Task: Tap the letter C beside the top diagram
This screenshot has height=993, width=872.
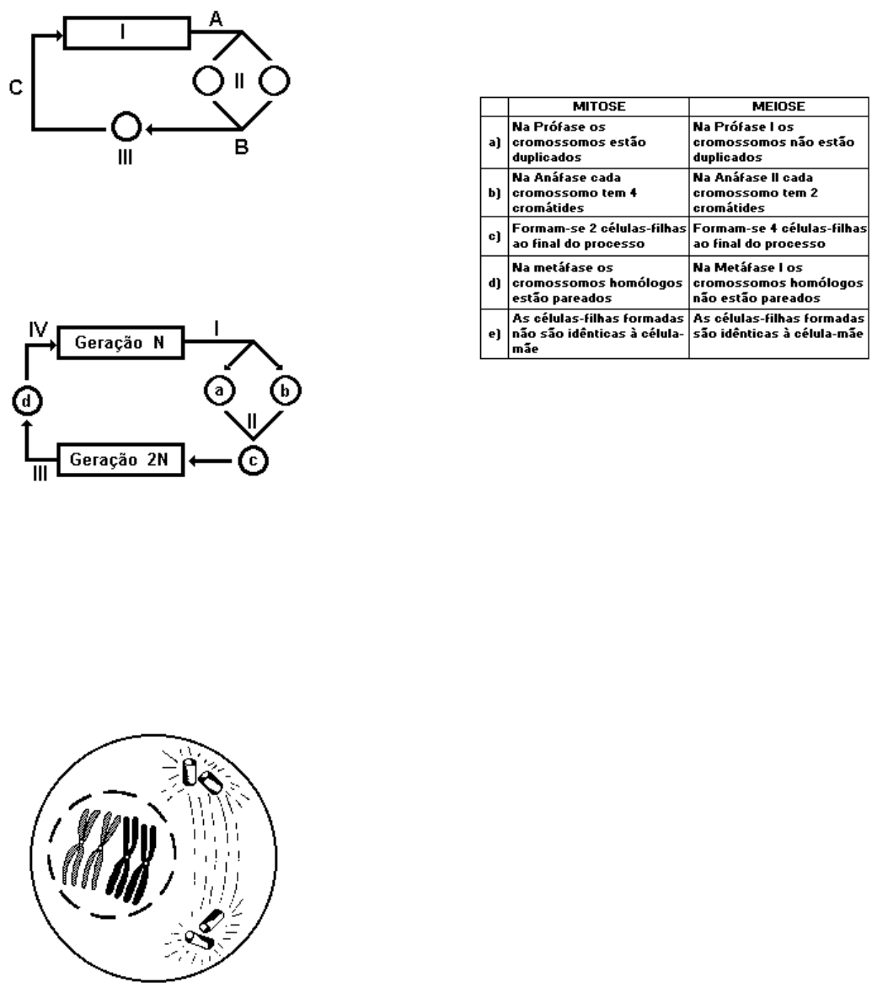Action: (x=16, y=88)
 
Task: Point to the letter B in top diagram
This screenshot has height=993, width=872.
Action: (x=241, y=148)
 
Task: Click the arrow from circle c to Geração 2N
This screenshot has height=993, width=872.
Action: (x=211, y=460)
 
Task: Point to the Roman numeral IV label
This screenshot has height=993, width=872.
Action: (x=38, y=330)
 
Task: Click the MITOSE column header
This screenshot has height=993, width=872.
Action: (x=599, y=106)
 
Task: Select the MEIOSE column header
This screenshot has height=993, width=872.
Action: (x=778, y=106)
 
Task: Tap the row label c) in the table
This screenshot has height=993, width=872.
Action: (x=495, y=236)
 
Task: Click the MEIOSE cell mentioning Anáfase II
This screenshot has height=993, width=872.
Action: (x=778, y=192)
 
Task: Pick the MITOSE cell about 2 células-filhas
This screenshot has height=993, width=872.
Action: (x=599, y=235)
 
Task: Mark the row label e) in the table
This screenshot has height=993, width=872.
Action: (x=495, y=334)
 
